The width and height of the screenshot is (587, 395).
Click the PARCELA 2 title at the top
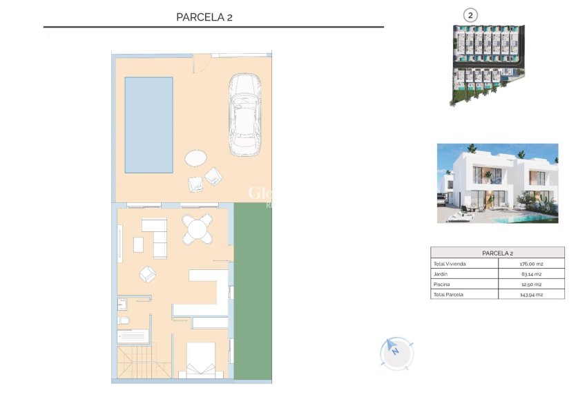coord(204,17)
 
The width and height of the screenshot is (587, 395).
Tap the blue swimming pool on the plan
coord(148,124)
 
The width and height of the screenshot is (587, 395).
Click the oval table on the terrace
coord(195,158)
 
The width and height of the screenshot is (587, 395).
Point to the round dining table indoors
coord(198,229)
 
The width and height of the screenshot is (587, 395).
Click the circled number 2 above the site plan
coord(470,15)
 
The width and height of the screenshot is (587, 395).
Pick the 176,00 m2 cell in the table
coord(530,264)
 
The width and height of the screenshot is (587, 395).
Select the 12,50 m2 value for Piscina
coord(530,284)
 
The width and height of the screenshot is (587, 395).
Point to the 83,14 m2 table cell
coord(530,274)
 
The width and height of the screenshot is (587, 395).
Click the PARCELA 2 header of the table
coord(497,253)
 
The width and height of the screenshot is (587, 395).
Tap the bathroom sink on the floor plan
coord(123,305)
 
